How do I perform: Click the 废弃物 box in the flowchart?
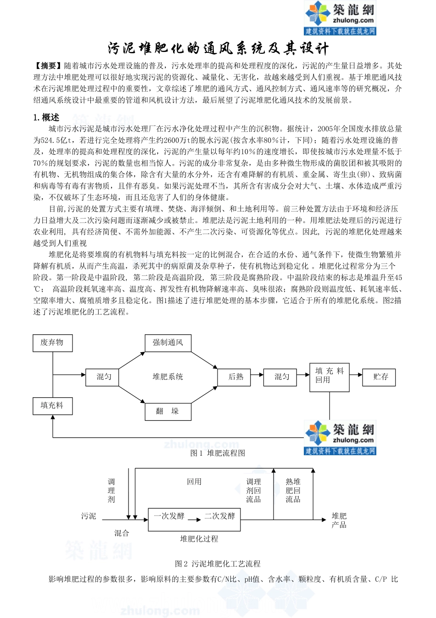tap(52, 343)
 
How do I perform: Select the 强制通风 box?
tap(168, 343)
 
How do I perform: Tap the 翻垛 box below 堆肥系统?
tap(168, 411)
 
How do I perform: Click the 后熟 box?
tap(236, 377)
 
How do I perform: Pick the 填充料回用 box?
tap(329, 375)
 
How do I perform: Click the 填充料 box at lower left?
tap(52, 406)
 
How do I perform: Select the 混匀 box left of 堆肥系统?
tap(104, 377)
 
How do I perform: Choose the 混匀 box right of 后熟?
tap(282, 377)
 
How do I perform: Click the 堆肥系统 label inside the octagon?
tap(168, 377)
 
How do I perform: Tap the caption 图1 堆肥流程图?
tap(218, 453)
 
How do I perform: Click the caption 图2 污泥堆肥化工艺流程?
tap(218, 564)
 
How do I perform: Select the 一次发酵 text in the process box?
tap(169, 516)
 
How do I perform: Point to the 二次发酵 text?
tap(220, 516)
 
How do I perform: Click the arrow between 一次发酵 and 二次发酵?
tap(195, 520)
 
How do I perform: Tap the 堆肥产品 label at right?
tap(339, 520)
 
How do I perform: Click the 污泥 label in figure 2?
tap(89, 516)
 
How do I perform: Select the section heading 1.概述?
tap(46, 118)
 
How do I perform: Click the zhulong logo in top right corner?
tap(340, 18)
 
